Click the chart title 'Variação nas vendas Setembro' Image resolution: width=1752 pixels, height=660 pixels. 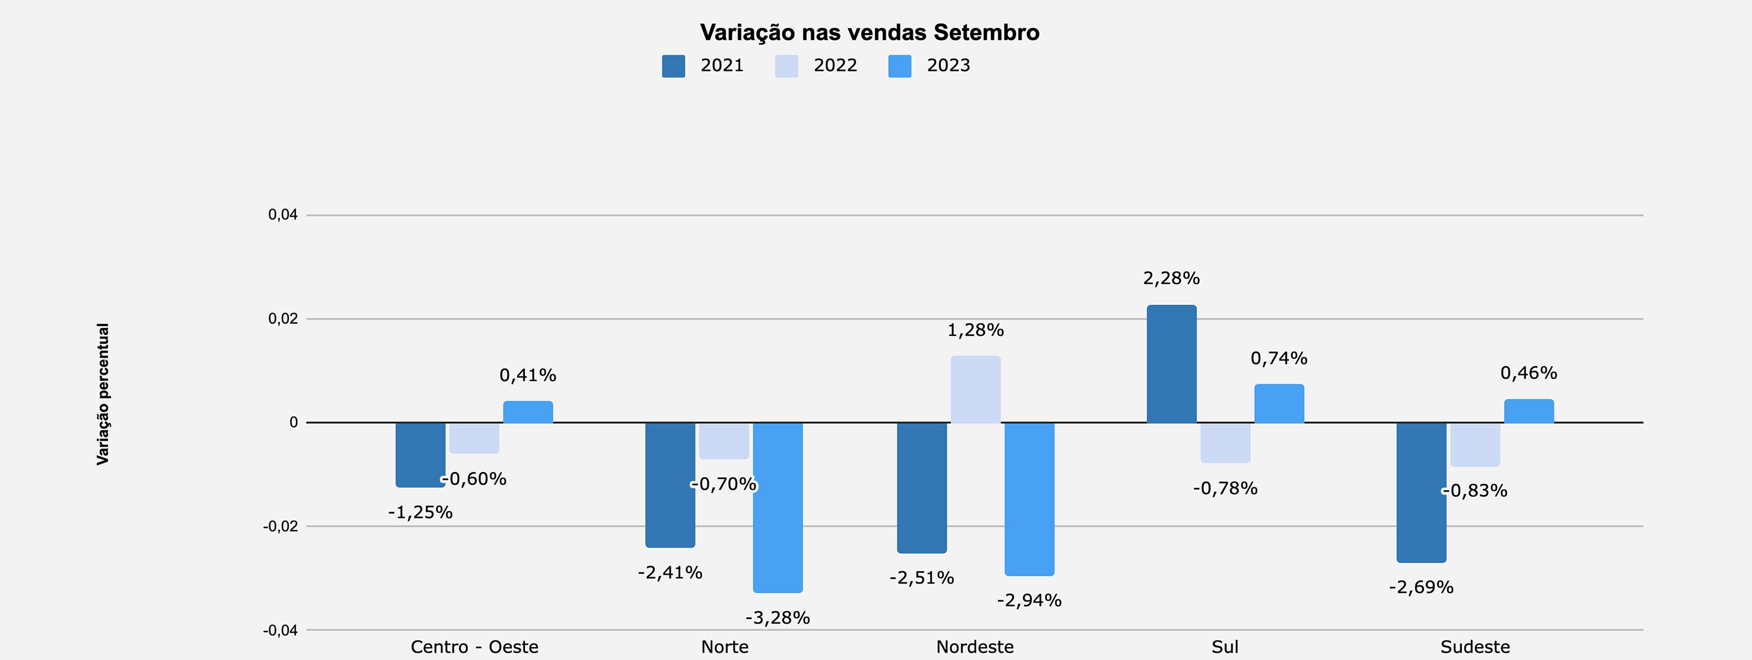[869, 32]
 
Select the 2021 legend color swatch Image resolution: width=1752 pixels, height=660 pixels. [673, 66]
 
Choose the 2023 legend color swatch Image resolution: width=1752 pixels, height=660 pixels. [899, 66]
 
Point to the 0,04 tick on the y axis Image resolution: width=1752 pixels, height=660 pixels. [283, 215]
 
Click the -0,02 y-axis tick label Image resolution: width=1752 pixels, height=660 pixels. [280, 527]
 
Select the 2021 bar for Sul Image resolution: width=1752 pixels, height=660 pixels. [1171, 364]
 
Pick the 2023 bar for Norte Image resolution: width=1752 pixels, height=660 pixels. [777, 507]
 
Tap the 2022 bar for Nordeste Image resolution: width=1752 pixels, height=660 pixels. [975, 389]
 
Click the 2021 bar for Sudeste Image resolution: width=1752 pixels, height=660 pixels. [1421, 492]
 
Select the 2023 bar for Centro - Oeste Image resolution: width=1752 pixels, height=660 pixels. [528, 412]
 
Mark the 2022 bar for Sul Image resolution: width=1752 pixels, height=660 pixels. [1225, 442]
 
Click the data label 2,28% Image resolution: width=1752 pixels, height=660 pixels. [1171, 278]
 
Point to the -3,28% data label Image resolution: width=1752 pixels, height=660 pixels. [777, 618]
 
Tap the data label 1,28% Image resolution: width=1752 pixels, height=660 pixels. [975, 330]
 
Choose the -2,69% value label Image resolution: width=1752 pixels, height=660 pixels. [1421, 587]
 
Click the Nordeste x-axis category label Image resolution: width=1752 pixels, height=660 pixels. [975, 646]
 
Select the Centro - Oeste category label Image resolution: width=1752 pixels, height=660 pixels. [474, 646]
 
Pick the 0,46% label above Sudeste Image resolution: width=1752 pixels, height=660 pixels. [1528, 373]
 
